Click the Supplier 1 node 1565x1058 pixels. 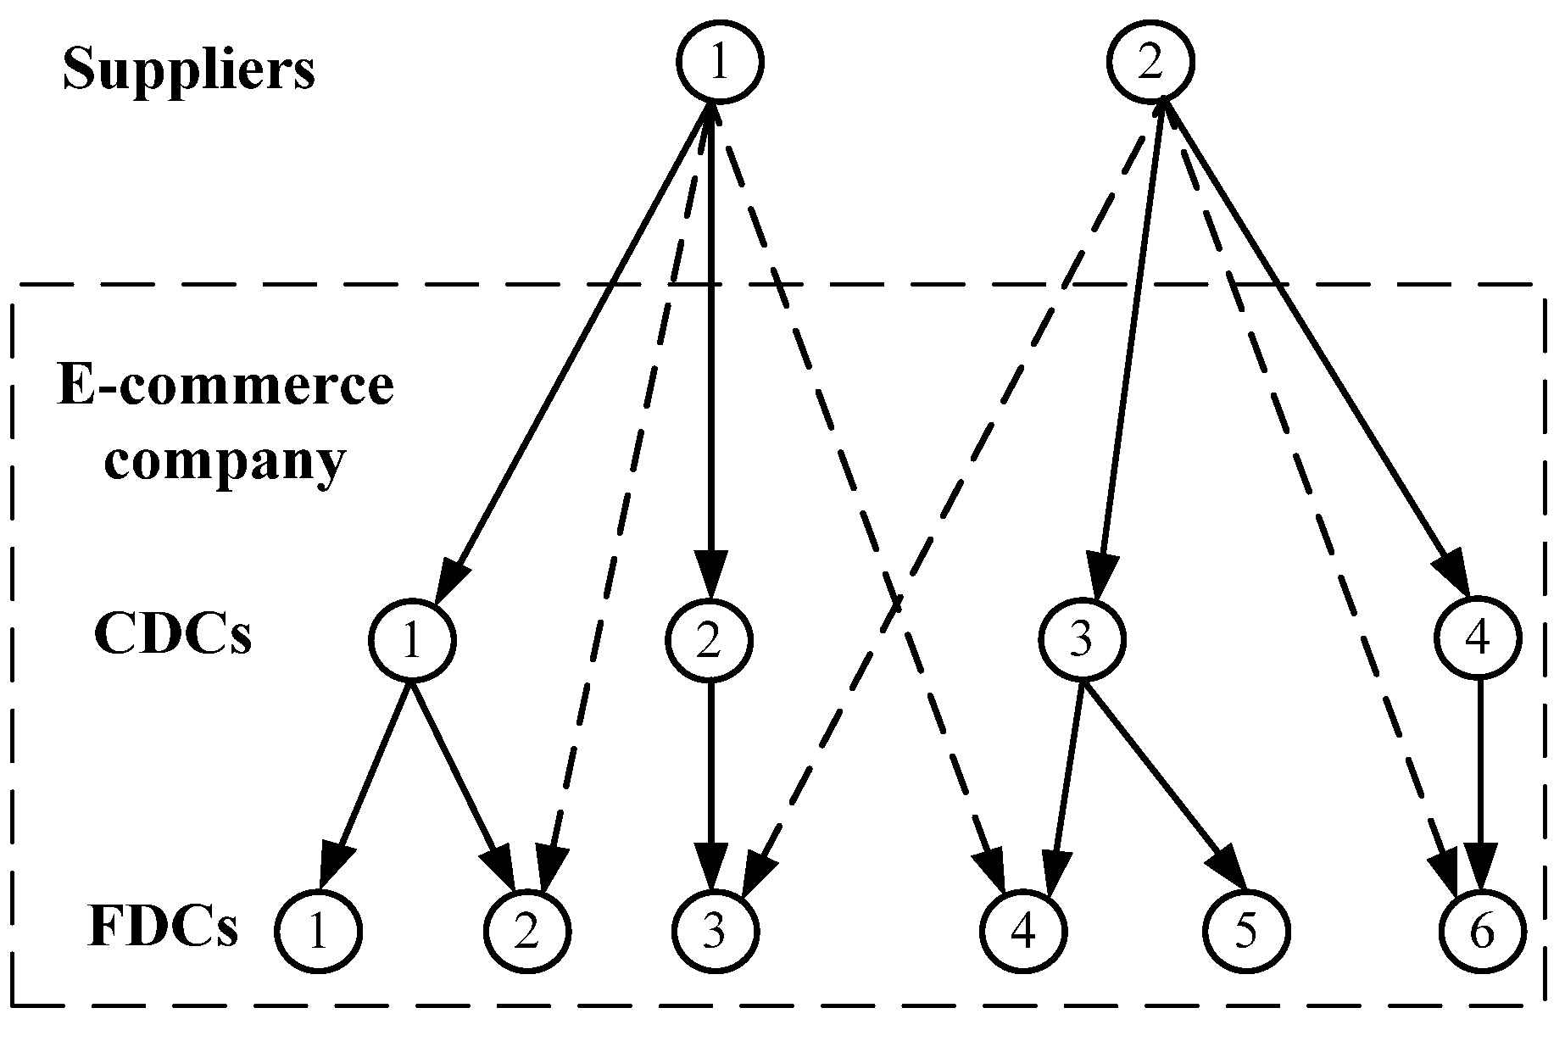click(720, 62)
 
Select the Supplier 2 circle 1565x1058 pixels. click(1150, 62)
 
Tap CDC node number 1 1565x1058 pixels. click(411, 639)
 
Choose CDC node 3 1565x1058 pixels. click(1081, 639)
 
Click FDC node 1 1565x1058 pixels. click(318, 931)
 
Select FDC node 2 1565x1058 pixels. click(527, 931)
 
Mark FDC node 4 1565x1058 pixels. click(1023, 931)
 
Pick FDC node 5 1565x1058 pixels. click(1245, 931)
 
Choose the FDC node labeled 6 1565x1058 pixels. click(1482, 931)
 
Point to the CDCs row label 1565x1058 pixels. click(172, 634)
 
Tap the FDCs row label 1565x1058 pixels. click(163, 927)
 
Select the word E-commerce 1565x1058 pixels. click(225, 386)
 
